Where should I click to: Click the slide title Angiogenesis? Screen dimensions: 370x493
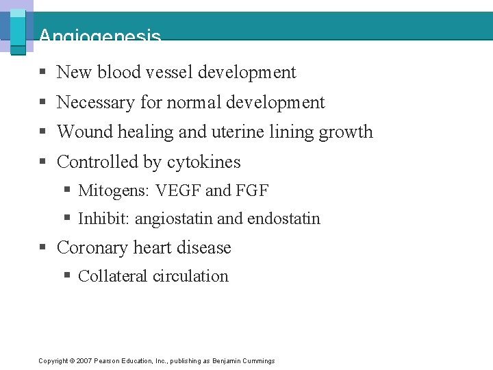[100, 36]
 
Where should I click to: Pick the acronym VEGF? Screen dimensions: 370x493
[180, 190]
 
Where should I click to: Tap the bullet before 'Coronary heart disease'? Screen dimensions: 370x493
[42, 247]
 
